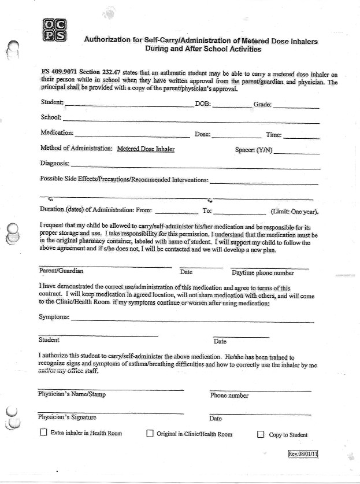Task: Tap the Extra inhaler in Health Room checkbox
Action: coord(43,433)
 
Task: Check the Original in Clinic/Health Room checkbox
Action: coord(150,433)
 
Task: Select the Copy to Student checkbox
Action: coord(260,434)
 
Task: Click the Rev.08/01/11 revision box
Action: coord(303,453)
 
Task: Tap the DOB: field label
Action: coord(203,105)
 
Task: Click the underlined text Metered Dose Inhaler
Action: coord(146,149)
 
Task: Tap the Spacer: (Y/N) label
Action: coord(254,150)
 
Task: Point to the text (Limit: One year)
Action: coord(294,212)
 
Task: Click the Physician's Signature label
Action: coord(67,417)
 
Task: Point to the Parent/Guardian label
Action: coord(61,271)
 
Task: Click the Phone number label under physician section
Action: coord(229,396)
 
